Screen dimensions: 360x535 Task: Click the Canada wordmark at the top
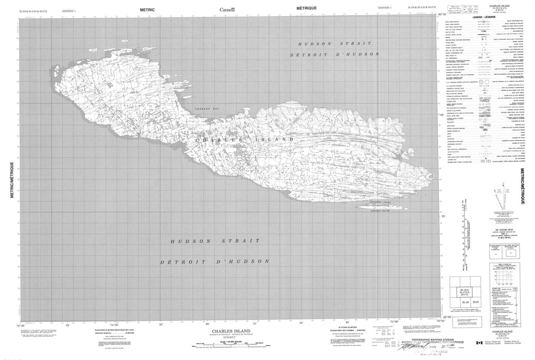coord(227,9)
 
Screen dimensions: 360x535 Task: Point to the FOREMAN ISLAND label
coord(379,210)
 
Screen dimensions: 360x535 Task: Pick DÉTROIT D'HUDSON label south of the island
coord(215,261)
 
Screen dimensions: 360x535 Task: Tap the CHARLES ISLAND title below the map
coord(226,331)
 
